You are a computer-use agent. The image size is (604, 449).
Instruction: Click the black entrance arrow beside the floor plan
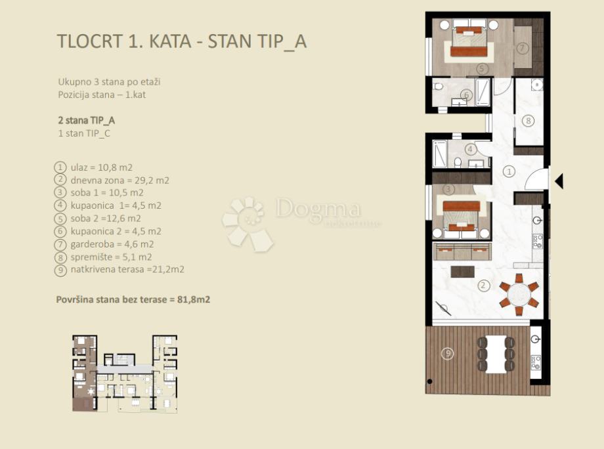click(x=559, y=181)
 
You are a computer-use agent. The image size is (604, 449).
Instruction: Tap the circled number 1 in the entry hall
click(x=509, y=171)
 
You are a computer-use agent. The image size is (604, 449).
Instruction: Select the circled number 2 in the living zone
click(x=483, y=286)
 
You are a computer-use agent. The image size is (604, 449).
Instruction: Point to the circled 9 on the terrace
click(x=447, y=353)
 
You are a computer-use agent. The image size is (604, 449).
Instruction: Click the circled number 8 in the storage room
click(x=528, y=121)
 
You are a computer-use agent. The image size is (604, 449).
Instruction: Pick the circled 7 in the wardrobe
click(x=522, y=48)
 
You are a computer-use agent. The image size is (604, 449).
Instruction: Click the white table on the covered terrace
click(x=496, y=354)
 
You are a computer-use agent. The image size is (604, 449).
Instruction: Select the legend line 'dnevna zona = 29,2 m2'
click(x=119, y=181)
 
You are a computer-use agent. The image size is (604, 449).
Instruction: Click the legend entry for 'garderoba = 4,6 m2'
click(x=112, y=244)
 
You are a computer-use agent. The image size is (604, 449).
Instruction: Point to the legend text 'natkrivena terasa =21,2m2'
click(x=127, y=269)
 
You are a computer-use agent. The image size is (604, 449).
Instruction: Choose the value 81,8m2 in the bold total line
click(x=194, y=299)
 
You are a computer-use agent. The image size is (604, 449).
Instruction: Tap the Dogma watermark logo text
click(x=318, y=209)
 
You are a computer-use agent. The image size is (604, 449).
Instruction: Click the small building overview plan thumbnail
click(x=125, y=374)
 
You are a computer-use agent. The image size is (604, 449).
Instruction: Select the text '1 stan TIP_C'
click(x=84, y=133)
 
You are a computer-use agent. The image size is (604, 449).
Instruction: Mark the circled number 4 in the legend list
click(x=60, y=205)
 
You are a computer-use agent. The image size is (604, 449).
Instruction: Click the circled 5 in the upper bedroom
click(x=481, y=69)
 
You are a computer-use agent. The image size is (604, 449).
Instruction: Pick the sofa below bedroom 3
click(x=462, y=252)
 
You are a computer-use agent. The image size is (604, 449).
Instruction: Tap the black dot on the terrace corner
click(x=430, y=381)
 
